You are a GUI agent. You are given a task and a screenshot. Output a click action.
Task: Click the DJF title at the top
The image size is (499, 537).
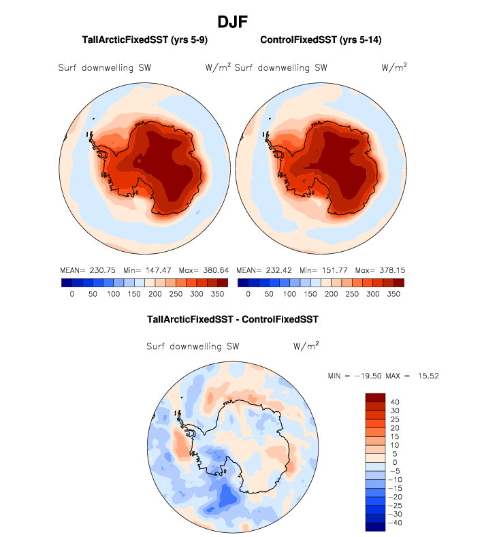[233, 22]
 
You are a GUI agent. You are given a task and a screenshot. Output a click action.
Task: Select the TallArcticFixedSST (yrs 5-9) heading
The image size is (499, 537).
[144, 40]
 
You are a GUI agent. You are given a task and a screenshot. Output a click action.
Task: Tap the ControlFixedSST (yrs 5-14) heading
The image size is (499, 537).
[321, 40]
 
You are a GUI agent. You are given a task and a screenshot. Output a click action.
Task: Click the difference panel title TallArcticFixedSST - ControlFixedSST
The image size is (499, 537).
[233, 319]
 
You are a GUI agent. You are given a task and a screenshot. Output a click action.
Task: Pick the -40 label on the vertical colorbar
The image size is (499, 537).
[396, 523]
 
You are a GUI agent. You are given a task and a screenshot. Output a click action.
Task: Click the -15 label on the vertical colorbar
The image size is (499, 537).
[396, 487]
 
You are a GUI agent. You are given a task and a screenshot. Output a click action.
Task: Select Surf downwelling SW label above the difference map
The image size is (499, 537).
[193, 346]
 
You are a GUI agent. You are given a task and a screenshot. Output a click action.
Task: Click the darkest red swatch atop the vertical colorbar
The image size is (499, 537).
[375, 397]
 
